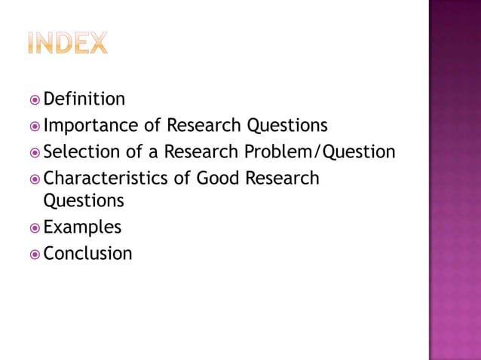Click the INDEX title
point(67,43)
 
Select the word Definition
point(84,99)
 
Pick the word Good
point(219,178)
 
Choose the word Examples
point(82,227)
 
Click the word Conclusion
point(87,253)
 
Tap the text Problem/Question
point(319,152)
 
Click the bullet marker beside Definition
point(35,99)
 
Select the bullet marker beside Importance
point(35,126)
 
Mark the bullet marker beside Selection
point(35,152)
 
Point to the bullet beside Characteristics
point(35,179)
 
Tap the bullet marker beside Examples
point(35,227)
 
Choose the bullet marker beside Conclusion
point(35,254)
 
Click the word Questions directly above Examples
point(83,201)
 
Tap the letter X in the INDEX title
point(97,43)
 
